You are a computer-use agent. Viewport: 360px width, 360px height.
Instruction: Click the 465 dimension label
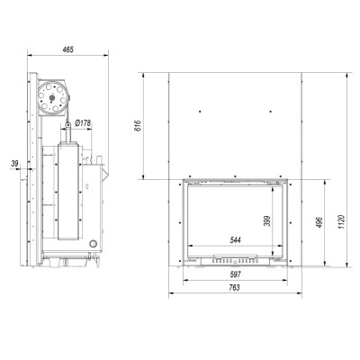(x=67, y=49)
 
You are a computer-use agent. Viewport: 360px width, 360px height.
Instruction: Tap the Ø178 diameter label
(x=83, y=123)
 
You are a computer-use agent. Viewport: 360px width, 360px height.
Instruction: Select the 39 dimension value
(x=14, y=164)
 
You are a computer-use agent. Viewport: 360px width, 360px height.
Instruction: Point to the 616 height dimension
(x=137, y=126)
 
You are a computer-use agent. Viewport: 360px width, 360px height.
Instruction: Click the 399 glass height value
(x=268, y=221)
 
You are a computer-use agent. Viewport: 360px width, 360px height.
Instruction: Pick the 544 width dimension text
(x=236, y=240)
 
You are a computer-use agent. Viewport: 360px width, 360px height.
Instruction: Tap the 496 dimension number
(x=319, y=222)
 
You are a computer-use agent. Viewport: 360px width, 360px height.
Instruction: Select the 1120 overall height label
(x=341, y=222)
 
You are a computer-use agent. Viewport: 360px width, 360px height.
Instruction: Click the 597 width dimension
(x=236, y=274)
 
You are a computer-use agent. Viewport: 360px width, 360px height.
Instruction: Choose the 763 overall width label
(x=234, y=288)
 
